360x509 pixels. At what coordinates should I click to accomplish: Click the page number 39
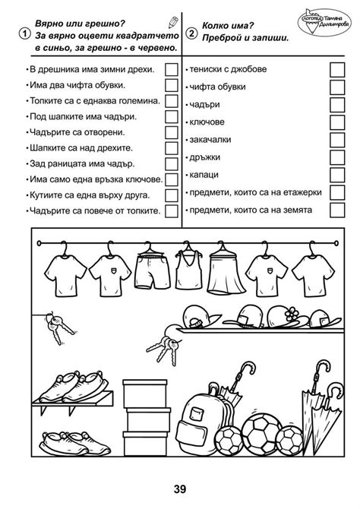click(179, 488)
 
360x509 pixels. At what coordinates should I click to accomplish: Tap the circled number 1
click(26, 34)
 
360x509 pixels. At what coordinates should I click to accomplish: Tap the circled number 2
click(191, 34)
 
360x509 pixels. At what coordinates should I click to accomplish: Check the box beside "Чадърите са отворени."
click(172, 132)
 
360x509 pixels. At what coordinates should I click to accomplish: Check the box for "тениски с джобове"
click(336, 68)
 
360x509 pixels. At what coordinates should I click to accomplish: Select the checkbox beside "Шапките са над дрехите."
click(172, 148)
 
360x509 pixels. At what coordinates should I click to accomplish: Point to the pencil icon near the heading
click(175, 21)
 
